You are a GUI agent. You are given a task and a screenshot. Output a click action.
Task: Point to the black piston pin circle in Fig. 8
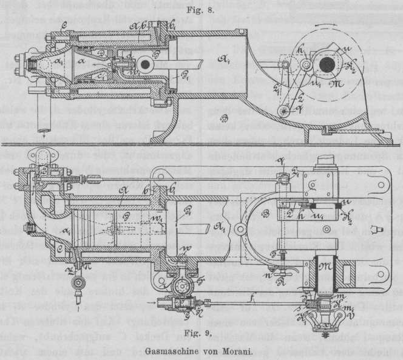click(x=146, y=64)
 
